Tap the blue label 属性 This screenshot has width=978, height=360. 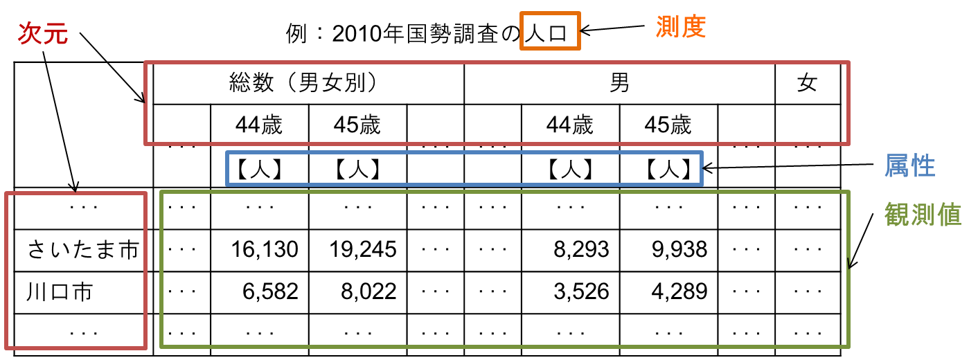(x=909, y=166)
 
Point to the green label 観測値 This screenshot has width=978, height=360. (x=923, y=215)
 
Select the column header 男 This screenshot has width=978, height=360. (x=619, y=84)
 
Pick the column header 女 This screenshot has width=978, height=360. (x=807, y=84)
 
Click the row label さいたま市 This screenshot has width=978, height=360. (x=83, y=249)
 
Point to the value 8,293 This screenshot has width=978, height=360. (x=580, y=249)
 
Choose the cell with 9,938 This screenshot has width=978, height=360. (x=679, y=249)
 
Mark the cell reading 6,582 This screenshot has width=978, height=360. (x=269, y=291)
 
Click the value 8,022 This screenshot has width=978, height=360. (x=368, y=291)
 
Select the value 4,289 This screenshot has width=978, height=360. (x=679, y=291)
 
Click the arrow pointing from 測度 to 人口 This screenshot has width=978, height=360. (x=612, y=29)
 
